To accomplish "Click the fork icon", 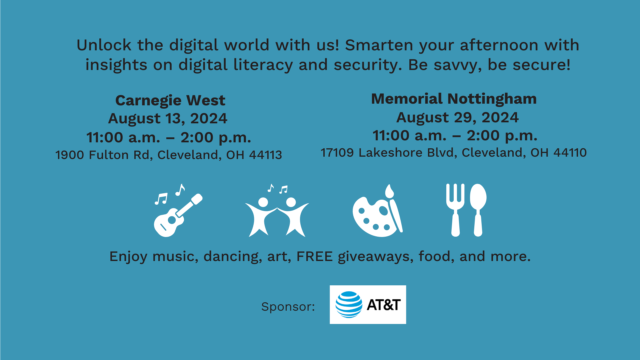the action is (455, 210).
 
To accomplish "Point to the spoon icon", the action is (478, 210).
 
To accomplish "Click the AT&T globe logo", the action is (349, 304).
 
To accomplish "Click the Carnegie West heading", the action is (170, 100).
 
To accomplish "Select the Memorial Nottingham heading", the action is (454, 99).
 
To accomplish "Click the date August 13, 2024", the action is (168, 119).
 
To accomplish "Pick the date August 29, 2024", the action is (457, 117).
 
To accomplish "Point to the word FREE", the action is (315, 256).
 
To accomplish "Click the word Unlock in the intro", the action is (104, 45).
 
